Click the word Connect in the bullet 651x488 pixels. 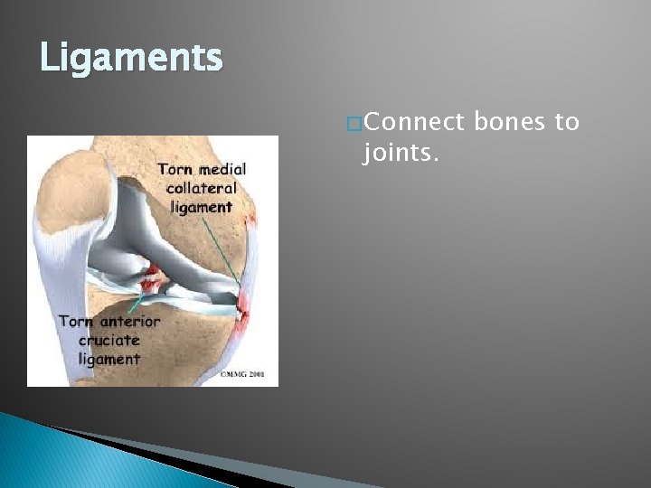413,123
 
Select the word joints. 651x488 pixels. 400,155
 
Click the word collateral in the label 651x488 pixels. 201,188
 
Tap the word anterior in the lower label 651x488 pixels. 125,322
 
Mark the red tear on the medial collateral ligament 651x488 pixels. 243,312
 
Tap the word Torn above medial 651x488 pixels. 175,170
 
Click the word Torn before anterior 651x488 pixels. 75,322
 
